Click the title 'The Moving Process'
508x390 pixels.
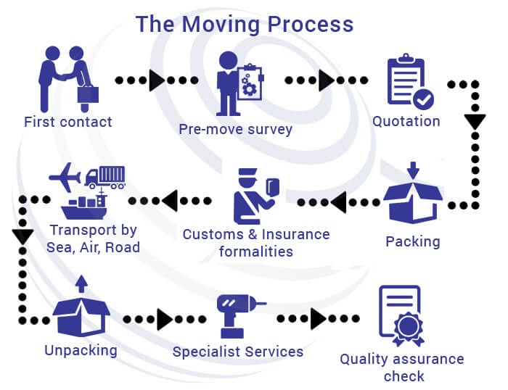[245, 23]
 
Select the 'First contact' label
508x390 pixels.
[68, 122]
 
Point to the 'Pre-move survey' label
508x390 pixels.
[236, 130]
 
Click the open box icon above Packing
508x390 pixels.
[412, 196]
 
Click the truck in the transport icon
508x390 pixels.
[105, 176]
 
